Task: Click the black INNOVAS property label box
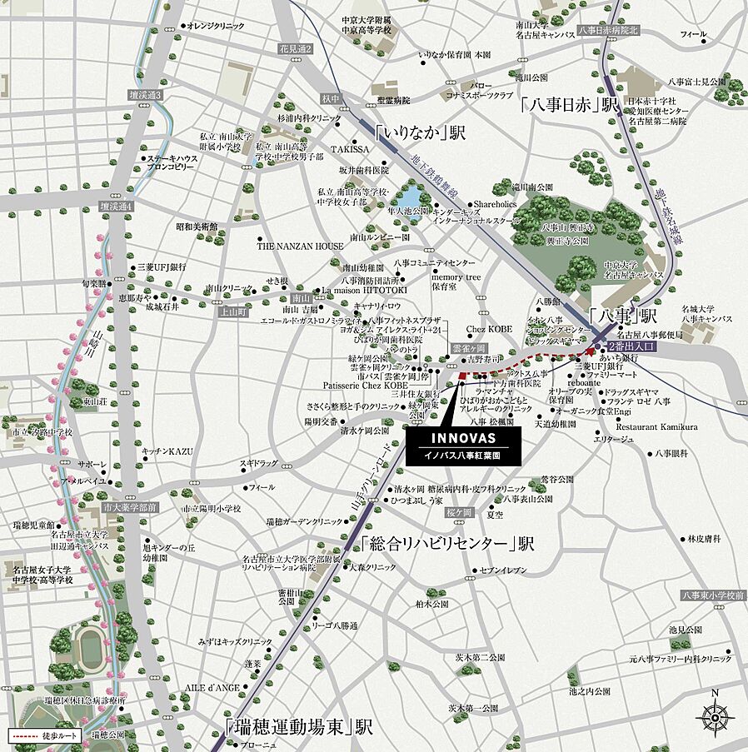click(x=463, y=447)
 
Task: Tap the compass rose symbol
click(x=714, y=715)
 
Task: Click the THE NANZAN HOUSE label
click(x=300, y=247)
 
